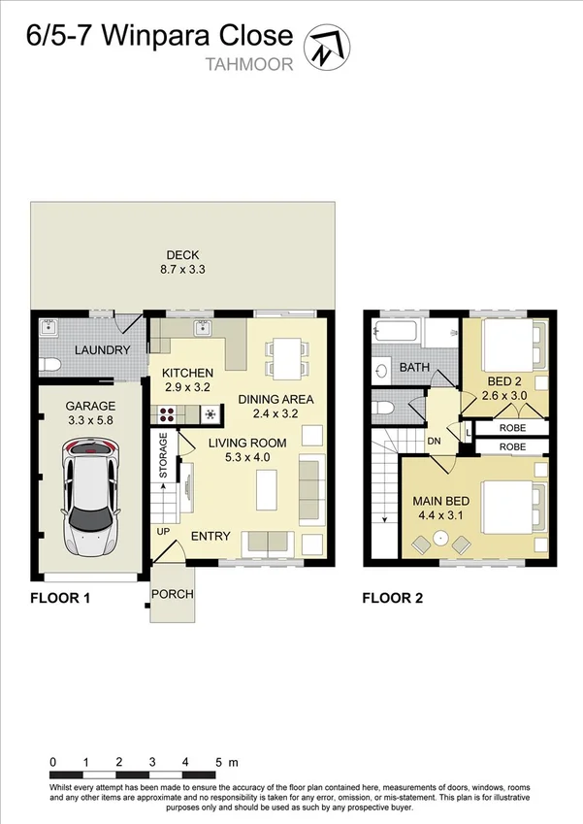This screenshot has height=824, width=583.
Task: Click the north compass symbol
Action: pyautogui.click(x=328, y=44)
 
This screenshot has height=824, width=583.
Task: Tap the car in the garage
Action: pyautogui.click(x=89, y=494)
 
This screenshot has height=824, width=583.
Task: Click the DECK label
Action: pyautogui.click(x=181, y=256)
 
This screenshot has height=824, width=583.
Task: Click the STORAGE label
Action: pyautogui.click(x=163, y=455)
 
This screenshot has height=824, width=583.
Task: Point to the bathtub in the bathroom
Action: pyautogui.click(x=396, y=334)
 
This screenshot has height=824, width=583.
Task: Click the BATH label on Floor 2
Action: pyautogui.click(x=414, y=368)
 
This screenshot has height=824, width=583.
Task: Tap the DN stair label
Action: pyautogui.click(x=435, y=441)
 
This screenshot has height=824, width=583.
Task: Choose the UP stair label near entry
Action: pyautogui.click(x=162, y=533)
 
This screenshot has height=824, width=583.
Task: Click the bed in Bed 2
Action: pyautogui.click(x=507, y=345)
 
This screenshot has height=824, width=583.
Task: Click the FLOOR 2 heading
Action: pyautogui.click(x=392, y=598)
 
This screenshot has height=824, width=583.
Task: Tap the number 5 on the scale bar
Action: pyautogui.click(x=218, y=761)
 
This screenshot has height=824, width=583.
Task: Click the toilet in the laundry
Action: pyautogui.click(x=50, y=365)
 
